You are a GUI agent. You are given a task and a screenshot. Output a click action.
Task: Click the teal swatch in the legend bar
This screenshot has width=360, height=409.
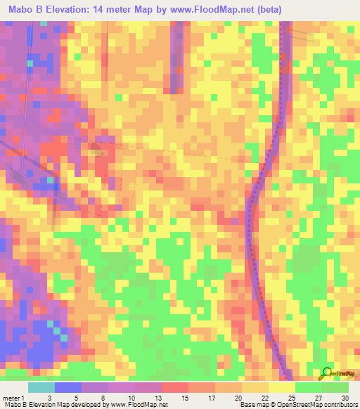pos(41,387)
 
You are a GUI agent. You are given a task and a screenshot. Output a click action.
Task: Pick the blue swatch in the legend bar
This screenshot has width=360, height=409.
pos(68,387)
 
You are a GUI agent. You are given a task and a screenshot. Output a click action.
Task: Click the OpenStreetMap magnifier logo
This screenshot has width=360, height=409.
pos(326,373)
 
